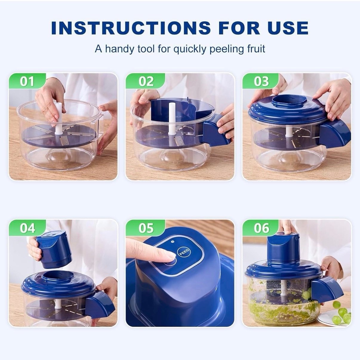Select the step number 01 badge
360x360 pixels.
(x=27, y=81)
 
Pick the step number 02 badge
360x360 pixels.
(x=146, y=81)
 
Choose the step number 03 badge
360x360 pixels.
(x=261, y=81)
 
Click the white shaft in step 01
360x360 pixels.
(x=59, y=119)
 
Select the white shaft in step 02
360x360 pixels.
(x=171, y=119)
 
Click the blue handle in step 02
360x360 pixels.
(x=216, y=131)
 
